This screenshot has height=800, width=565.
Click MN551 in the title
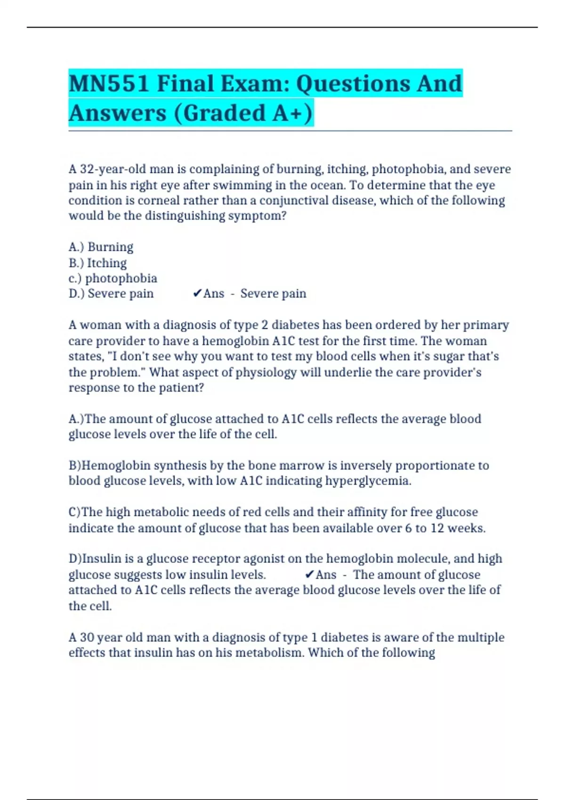tap(109, 84)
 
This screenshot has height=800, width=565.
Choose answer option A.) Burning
tap(101, 247)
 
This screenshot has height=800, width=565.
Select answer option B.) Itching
tap(97, 263)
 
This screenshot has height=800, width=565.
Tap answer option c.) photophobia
tap(113, 278)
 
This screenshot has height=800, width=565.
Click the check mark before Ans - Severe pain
tap(197, 294)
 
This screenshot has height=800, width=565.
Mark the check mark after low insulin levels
tap(309, 575)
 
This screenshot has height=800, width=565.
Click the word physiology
tap(266, 372)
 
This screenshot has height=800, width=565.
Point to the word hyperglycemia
tap(368, 481)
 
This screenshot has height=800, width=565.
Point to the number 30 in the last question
tap(87, 637)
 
